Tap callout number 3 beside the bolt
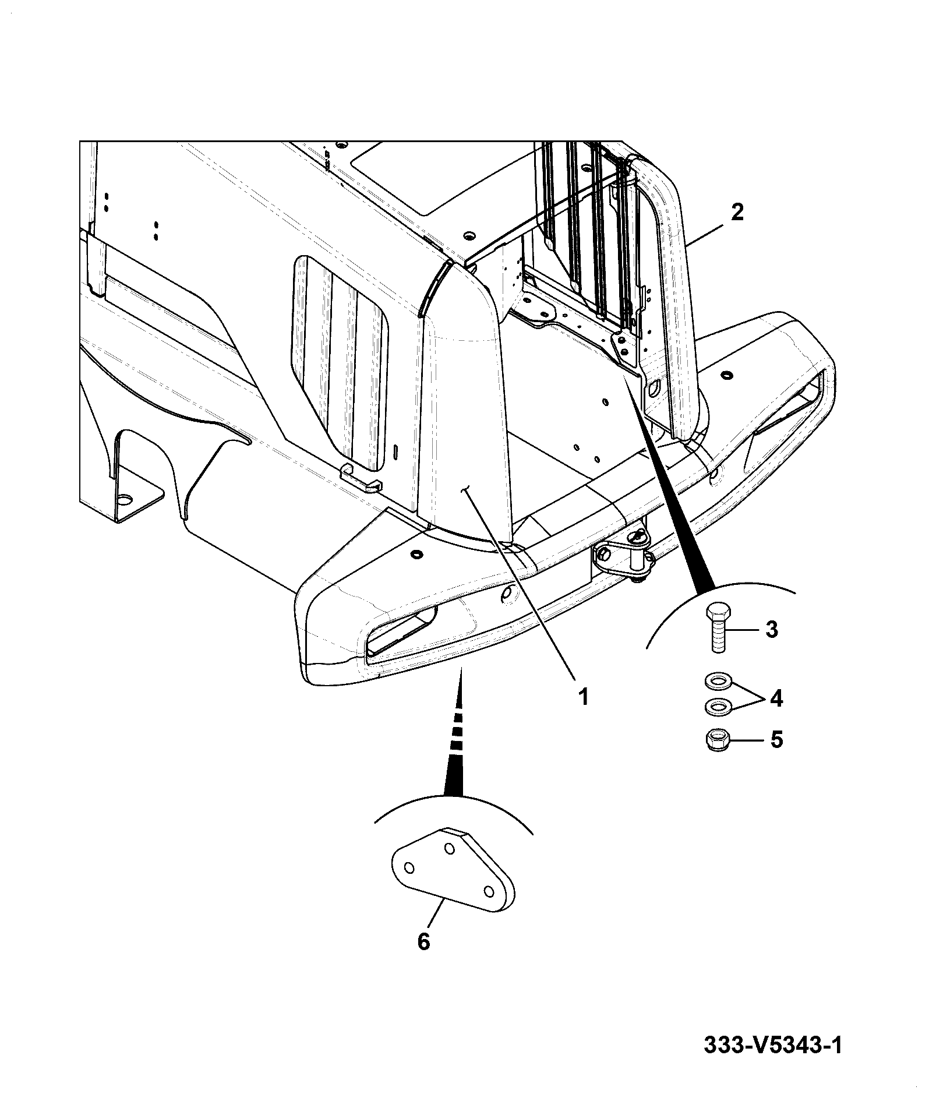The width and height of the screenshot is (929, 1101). [x=771, y=629]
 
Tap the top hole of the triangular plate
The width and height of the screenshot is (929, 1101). [x=449, y=849]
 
